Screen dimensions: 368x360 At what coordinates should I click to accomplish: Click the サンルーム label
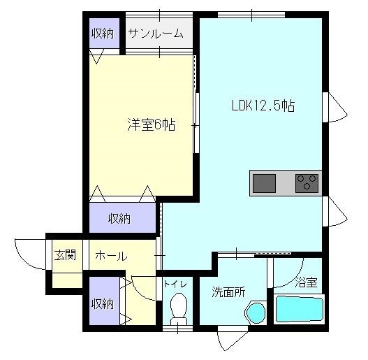pos(156,34)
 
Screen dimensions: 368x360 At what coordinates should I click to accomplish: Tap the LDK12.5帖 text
pos(263,106)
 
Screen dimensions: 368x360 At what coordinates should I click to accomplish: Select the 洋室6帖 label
pos(152,124)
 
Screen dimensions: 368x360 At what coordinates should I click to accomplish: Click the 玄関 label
pos(65,255)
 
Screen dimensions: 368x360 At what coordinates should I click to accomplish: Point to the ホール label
pos(111,256)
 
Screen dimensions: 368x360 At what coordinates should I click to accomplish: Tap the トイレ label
pos(175,284)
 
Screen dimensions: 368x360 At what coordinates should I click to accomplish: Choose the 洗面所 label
pos(228,292)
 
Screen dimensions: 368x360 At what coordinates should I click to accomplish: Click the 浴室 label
pos(306,282)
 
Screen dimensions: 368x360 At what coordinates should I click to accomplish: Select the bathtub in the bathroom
pos(300,309)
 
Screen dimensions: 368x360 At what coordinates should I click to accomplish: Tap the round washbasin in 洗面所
pos(256,312)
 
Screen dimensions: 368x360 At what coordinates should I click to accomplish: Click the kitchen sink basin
pos(264,184)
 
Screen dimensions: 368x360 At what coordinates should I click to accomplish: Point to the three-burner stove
pos(307,183)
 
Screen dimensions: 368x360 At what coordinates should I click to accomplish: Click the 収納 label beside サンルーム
pos(103,34)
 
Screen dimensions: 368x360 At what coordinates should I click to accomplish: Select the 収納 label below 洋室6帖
pos(119,219)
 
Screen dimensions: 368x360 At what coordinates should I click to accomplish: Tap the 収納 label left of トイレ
pos(103,304)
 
